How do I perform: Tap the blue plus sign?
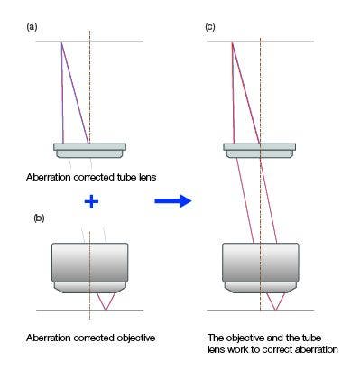(x=90, y=202)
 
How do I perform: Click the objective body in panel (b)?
(x=89, y=264)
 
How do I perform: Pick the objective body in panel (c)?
(x=260, y=264)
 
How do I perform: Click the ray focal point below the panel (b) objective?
(x=106, y=310)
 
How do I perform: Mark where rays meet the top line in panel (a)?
(x=61, y=42)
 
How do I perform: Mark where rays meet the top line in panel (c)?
(x=232, y=42)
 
